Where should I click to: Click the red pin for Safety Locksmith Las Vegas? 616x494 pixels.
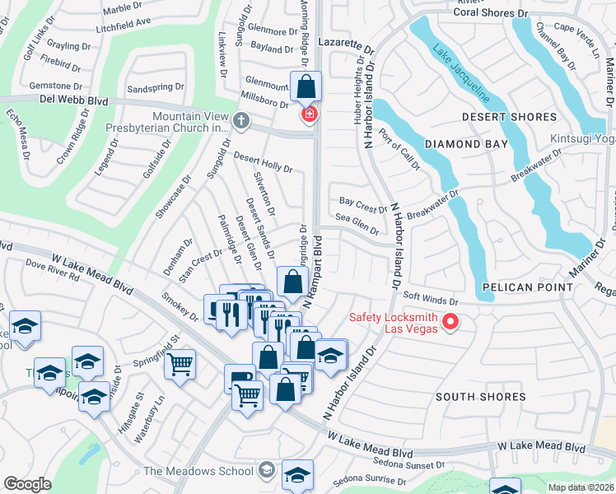(450, 322)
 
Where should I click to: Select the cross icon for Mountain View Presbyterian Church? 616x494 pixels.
(241, 121)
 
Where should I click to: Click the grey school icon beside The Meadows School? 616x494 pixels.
(265, 471)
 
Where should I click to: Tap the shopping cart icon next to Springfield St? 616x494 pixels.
(180, 363)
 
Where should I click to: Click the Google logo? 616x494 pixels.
(27, 484)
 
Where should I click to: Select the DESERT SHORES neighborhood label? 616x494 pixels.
(509, 117)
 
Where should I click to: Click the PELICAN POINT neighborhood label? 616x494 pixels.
(528, 287)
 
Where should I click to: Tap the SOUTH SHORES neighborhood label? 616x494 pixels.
(480, 397)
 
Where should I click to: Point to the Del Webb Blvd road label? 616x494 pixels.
(73, 100)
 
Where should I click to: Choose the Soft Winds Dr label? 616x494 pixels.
(428, 298)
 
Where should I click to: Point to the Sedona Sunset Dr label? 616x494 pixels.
(409, 465)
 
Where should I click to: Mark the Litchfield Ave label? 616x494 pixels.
(124, 21)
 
